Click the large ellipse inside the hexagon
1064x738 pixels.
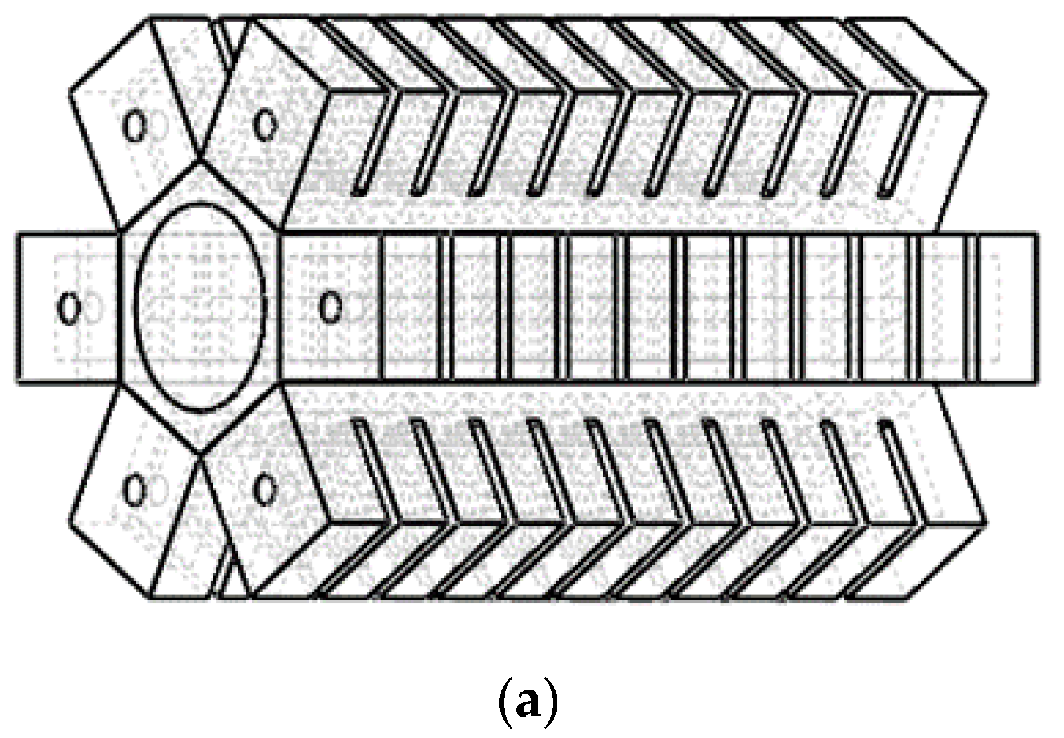tap(201, 308)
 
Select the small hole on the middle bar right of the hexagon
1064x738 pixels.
tap(329, 308)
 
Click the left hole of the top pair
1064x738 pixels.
tap(134, 126)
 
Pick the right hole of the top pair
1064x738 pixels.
tap(266, 124)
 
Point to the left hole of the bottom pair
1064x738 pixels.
tap(135, 490)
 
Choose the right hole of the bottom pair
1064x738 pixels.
tap(266, 490)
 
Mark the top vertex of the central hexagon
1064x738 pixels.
tap(200, 160)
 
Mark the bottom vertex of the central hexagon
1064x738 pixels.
tap(200, 454)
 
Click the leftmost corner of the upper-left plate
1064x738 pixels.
tap(71, 86)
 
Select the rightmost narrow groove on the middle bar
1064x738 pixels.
tap(973, 308)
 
